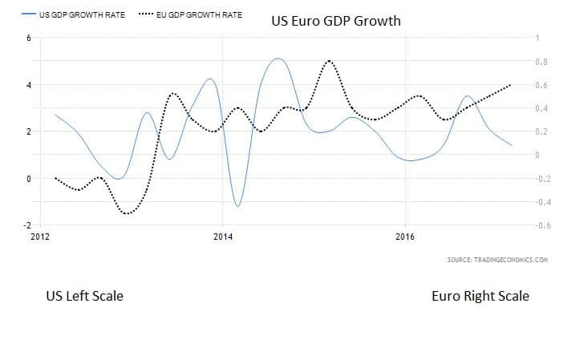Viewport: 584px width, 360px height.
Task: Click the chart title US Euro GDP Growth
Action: click(337, 20)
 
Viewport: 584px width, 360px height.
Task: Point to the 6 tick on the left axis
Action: click(29, 38)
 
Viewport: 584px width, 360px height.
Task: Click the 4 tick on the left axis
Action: click(29, 85)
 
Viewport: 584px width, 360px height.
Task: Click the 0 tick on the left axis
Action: click(29, 179)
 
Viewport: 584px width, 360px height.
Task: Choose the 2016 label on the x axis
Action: click(406, 237)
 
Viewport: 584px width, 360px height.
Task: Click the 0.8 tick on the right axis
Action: click(541, 62)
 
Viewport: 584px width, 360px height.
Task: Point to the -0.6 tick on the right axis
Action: click(541, 225)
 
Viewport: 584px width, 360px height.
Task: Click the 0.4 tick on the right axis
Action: click(541, 108)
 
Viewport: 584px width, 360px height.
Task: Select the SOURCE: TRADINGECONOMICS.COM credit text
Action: click(497, 261)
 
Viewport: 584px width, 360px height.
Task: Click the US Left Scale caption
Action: click(84, 296)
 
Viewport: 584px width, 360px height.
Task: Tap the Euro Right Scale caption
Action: click(480, 296)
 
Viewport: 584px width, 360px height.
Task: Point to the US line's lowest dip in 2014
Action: click(237, 206)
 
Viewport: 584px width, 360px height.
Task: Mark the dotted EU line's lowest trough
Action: click(128, 213)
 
